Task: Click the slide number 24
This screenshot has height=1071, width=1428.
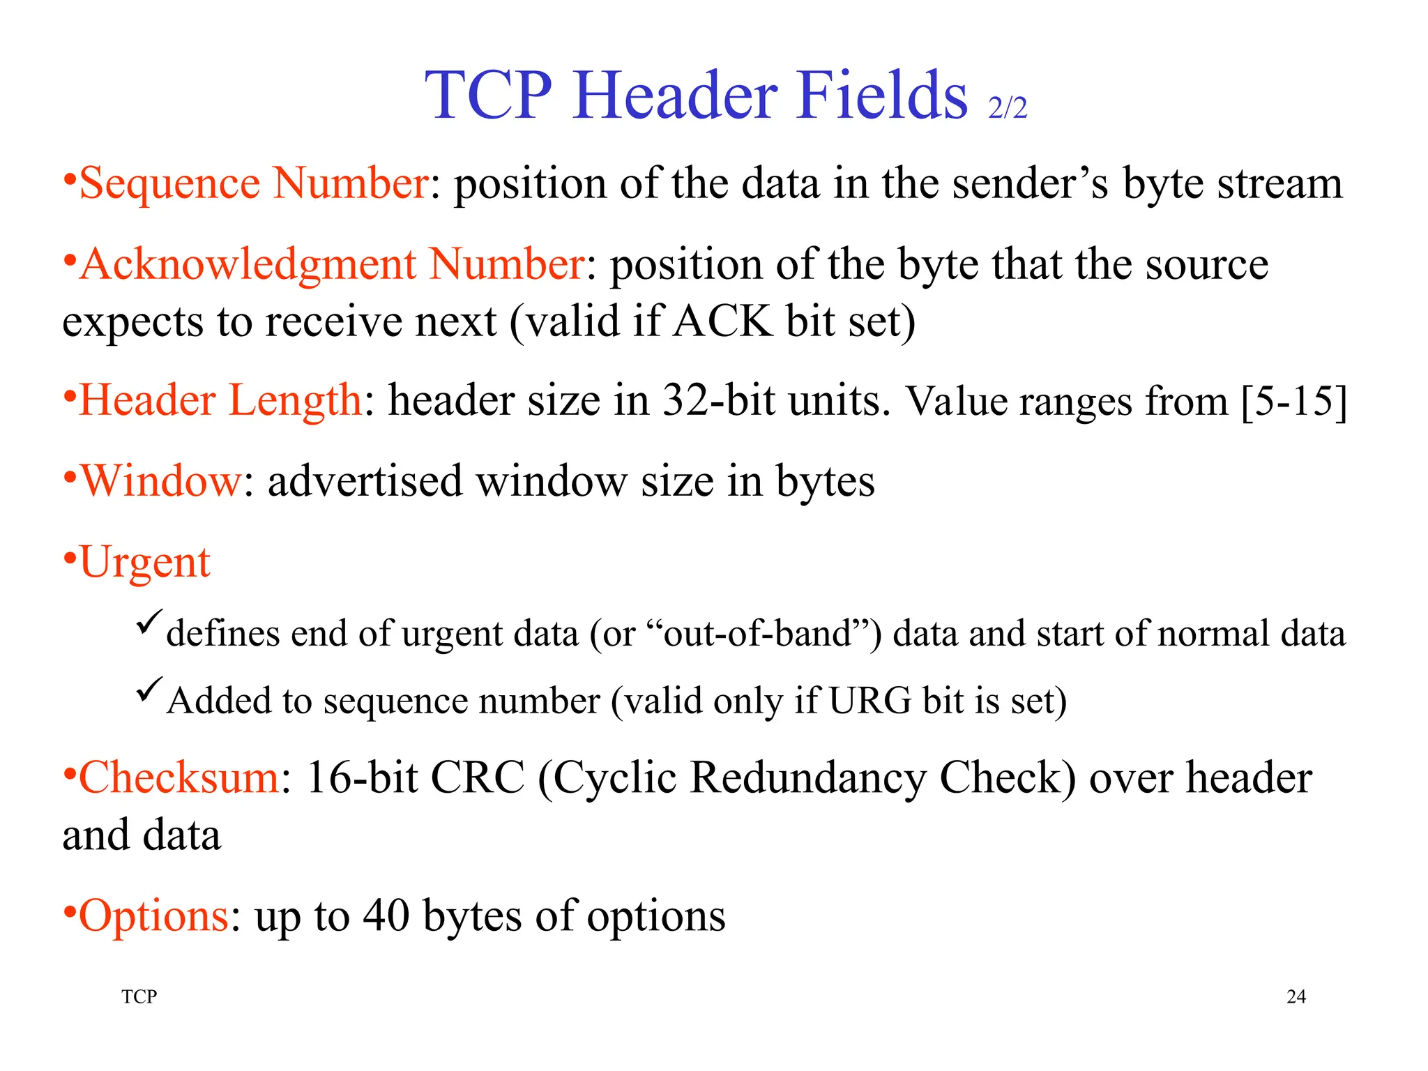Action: pyautogui.click(x=1296, y=996)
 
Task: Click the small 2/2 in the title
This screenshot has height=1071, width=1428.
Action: pyautogui.click(x=1008, y=108)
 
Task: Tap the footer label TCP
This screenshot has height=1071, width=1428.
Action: pyautogui.click(x=139, y=996)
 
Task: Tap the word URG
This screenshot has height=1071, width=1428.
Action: pyautogui.click(x=869, y=700)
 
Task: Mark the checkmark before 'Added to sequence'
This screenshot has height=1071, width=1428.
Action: pyautogui.click(x=149, y=689)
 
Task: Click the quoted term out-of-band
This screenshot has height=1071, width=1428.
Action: pyautogui.click(x=757, y=633)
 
